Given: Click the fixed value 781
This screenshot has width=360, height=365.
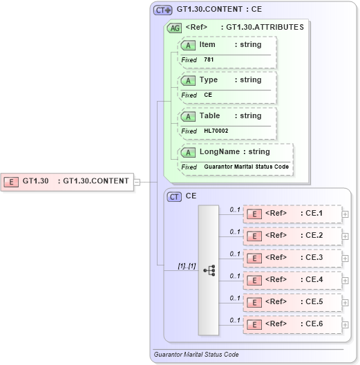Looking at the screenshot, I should (x=209, y=60).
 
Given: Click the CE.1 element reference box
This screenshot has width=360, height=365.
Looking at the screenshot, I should (x=292, y=214).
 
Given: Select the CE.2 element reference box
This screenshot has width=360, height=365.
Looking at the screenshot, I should (x=292, y=236).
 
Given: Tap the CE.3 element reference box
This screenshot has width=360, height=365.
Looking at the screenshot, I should (x=292, y=258).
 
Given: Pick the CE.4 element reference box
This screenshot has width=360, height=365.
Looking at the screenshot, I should (x=292, y=280).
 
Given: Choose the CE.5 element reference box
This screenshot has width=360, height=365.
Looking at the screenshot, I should (x=292, y=302).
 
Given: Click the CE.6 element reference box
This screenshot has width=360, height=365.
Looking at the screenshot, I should (x=292, y=324).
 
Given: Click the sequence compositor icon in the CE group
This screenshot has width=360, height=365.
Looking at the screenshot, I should (x=209, y=270).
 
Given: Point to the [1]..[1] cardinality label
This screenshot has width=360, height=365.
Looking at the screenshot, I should (x=168, y=265).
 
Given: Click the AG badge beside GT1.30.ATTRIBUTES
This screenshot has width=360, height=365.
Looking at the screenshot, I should (x=175, y=28).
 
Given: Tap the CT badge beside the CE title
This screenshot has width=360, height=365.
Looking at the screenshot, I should (x=175, y=196).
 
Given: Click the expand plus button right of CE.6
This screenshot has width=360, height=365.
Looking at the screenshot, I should (x=345, y=324).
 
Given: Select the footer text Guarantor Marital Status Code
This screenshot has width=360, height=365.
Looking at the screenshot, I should (x=196, y=355).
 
